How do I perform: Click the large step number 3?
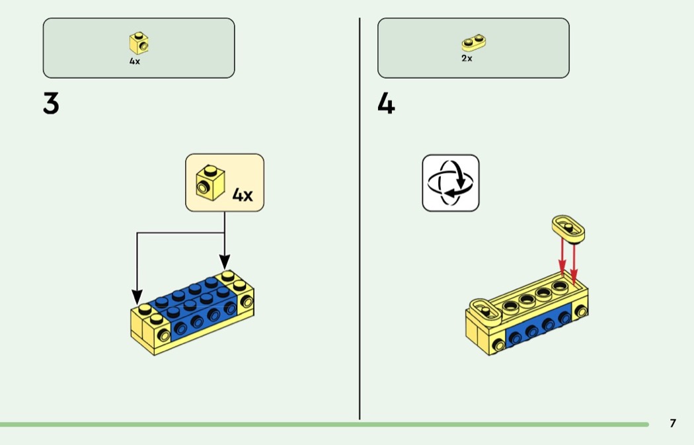[x=51, y=104]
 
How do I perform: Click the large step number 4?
[x=386, y=104]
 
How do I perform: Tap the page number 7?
[x=673, y=423]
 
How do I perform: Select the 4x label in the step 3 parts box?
[x=135, y=61]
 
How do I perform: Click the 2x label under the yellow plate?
[x=467, y=58]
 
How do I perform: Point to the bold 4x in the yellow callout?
[x=243, y=195]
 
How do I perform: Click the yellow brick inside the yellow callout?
[x=210, y=183]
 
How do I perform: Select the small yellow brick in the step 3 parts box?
[x=139, y=43]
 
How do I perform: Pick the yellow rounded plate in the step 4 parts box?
[x=473, y=42]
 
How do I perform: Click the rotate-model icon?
[x=451, y=183]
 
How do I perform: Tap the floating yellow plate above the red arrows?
[x=568, y=229]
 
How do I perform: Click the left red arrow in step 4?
[x=562, y=257]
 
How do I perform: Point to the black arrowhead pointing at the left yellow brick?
[x=137, y=297]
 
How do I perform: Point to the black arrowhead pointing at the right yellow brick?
[x=225, y=262]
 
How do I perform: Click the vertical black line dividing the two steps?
[x=360, y=218]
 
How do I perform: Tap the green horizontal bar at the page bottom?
[x=325, y=425]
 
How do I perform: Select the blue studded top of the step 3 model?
[x=192, y=296]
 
